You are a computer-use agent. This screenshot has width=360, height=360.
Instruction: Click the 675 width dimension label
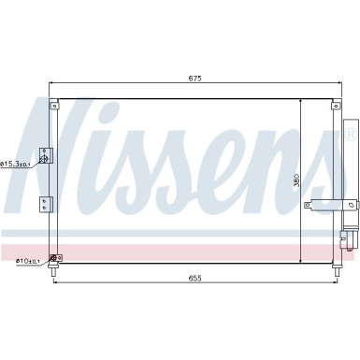pos(194,79)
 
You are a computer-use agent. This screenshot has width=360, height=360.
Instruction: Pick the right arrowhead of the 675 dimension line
pos(336,85)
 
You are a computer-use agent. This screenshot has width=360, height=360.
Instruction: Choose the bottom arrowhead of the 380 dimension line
pos(300,262)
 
